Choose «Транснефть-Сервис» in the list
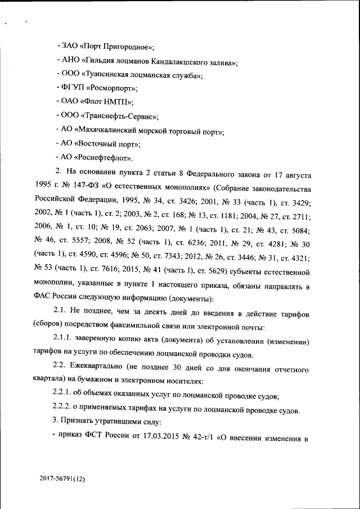120,116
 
